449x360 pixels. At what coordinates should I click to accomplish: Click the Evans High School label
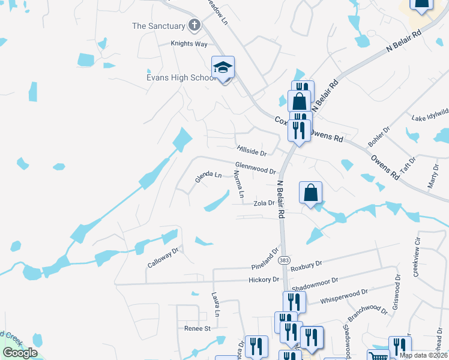(173, 78)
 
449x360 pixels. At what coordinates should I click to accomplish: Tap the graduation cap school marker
(223, 69)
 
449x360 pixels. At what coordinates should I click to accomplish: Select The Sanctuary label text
(158, 26)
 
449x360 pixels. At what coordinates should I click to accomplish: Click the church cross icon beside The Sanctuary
(193, 25)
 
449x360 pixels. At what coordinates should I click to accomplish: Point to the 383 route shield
(284, 259)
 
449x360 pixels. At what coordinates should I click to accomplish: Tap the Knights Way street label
(188, 44)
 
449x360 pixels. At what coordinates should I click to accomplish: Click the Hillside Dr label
(251, 150)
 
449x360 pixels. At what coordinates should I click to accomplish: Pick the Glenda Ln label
(208, 176)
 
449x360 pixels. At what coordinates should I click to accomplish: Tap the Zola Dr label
(264, 203)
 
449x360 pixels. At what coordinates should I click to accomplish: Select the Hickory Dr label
(264, 280)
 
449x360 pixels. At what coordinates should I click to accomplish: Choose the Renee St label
(197, 329)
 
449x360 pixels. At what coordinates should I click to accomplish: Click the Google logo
(20, 353)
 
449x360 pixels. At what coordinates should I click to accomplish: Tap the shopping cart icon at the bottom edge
(378, 356)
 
